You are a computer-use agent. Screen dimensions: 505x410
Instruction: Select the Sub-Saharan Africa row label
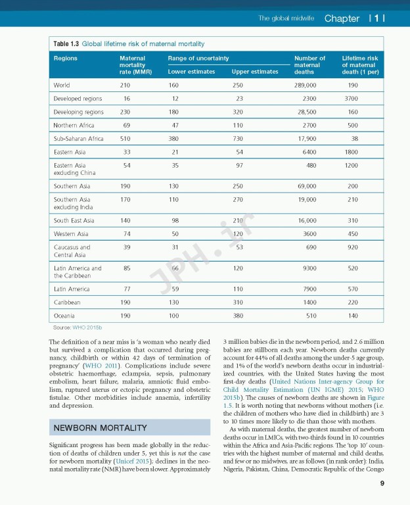click(78, 139)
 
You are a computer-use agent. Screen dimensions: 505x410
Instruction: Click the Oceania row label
click(64, 316)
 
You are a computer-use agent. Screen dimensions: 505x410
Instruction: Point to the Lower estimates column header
click(191, 72)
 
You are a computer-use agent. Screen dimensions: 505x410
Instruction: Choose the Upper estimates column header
click(255, 72)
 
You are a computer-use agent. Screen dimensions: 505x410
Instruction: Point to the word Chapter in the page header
click(342, 18)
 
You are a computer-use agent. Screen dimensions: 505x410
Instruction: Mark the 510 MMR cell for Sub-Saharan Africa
click(125, 139)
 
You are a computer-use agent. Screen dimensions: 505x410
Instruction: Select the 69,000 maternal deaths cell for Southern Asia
click(306, 186)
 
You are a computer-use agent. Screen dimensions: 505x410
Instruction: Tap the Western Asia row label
click(71, 233)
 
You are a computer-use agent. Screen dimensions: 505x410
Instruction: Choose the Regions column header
click(65, 59)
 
